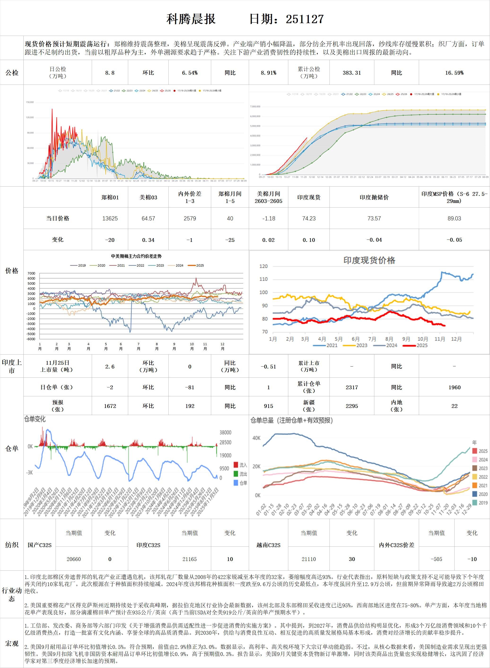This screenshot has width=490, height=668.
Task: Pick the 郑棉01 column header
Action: pos(110,197)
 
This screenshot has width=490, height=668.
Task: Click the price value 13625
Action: pos(110,218)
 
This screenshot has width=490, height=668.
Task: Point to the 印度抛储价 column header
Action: pos(374,197)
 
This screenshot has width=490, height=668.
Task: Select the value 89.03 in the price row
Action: pos(454,218)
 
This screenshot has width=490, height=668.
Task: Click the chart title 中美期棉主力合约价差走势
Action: pos(136,256)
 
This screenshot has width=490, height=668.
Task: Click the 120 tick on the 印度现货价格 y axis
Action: pos(263,266)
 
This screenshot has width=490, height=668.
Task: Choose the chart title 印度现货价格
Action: pos(369,260)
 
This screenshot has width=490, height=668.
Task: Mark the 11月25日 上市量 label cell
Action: pos(57,366)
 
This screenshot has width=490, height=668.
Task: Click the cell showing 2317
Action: pos(352,387)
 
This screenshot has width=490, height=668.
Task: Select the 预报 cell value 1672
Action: pos(110,406)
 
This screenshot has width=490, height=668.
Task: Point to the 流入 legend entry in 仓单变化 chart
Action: pos(240,465)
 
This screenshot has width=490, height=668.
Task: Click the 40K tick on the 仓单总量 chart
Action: pos(257,438)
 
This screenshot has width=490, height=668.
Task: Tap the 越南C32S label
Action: pos(268,545)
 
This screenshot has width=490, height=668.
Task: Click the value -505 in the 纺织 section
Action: pos(436,559)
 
